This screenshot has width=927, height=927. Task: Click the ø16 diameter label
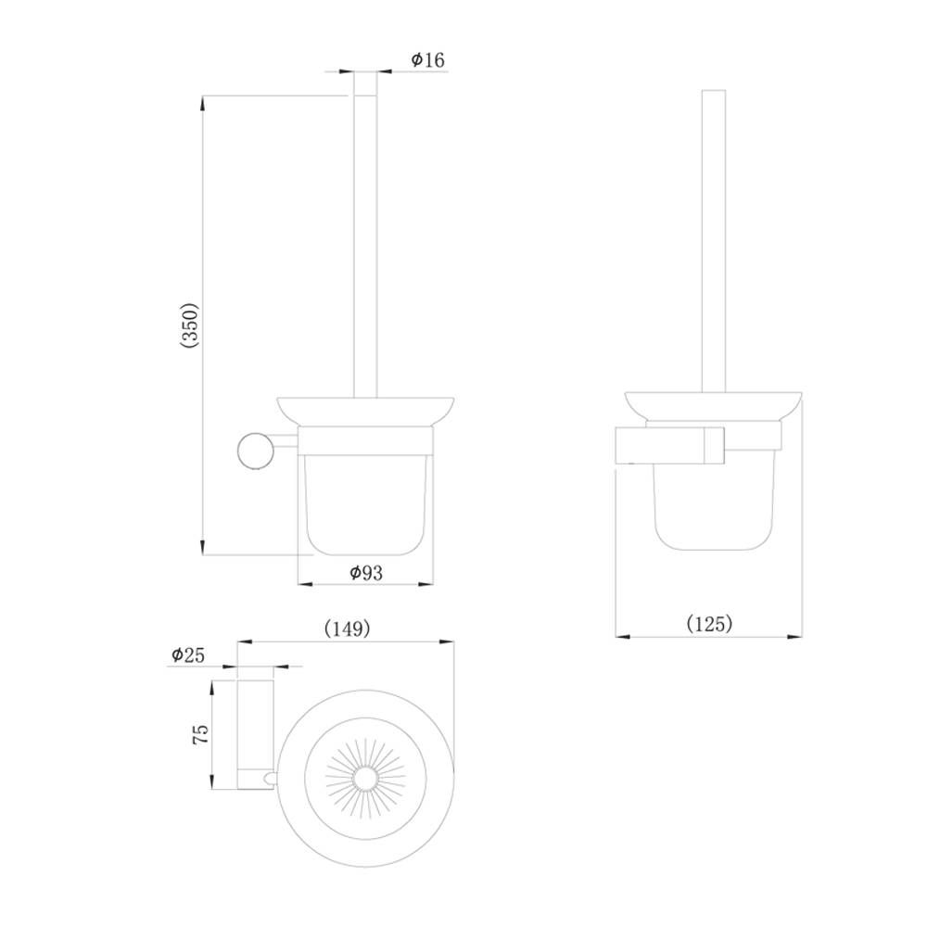pos(428,59)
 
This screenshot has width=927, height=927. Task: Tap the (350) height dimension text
pos(190,325)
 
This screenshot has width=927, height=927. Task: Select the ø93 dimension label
pos(366,572)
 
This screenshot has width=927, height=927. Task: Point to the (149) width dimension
pos(348,629)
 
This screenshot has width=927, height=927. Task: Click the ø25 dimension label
pos(188,654)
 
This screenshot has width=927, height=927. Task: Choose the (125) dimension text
pos(709,623)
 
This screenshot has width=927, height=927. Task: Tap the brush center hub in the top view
pos(364,780)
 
